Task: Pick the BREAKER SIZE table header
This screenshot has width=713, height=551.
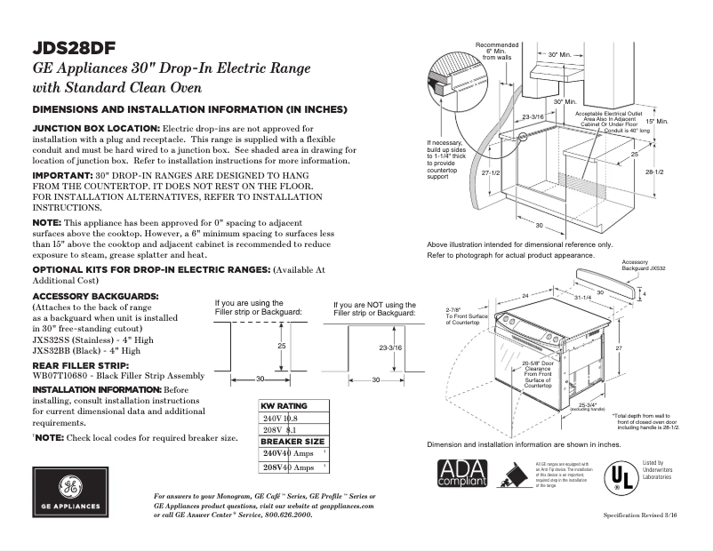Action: click(x=292, y=441)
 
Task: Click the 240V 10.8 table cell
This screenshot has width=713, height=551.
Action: click(x=281, y=417)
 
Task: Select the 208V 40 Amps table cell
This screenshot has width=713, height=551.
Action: click(x=288, y=467)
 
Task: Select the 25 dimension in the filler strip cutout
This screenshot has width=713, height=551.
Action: click(x=281, y=345)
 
